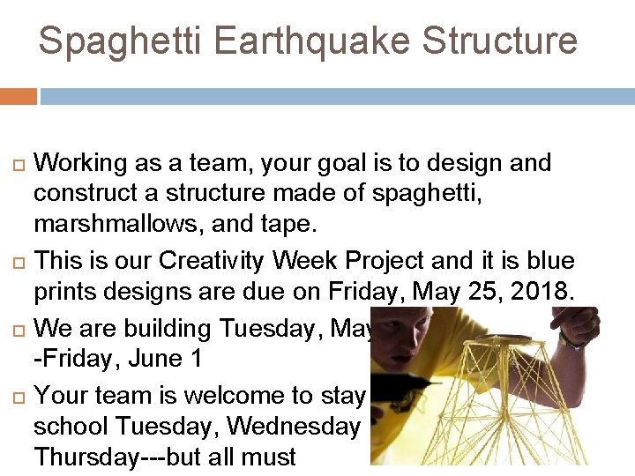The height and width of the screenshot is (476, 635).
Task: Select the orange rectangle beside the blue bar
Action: click(x=18, y=96)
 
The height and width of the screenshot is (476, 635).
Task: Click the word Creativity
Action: click(x=204, y=262)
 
